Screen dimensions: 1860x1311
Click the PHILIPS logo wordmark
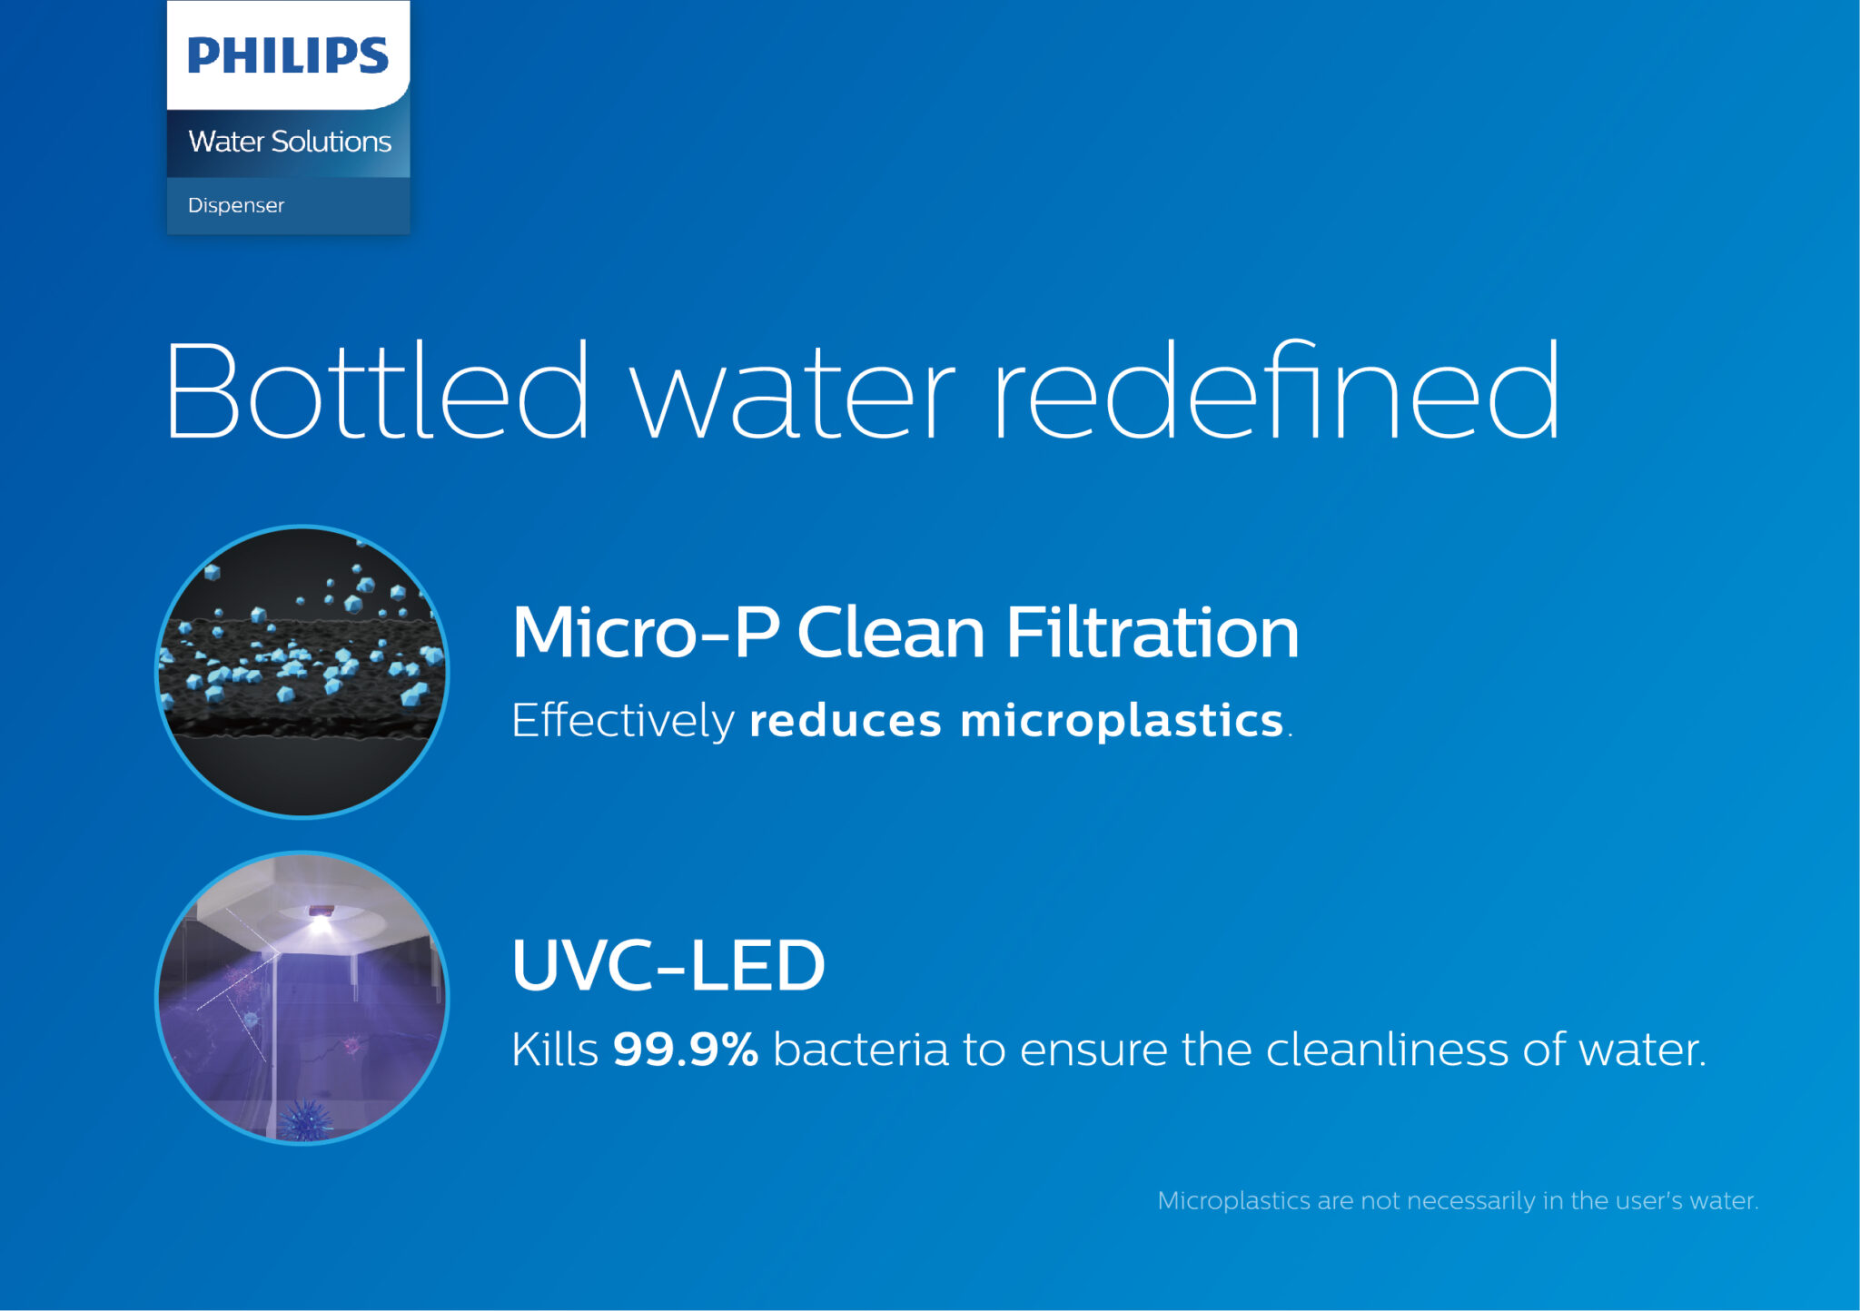click(288, 55)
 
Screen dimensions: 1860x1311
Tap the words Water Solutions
click(290, 141)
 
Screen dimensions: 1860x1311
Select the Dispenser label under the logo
click(236, 205)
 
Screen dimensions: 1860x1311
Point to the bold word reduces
click(846, 721)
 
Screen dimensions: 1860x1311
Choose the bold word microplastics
click(1122, 721)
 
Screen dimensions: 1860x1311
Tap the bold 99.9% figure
click(686, 1049)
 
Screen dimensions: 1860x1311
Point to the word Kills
click(555, 1049)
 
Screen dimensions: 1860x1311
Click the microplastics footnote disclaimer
click(1458, 1200)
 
